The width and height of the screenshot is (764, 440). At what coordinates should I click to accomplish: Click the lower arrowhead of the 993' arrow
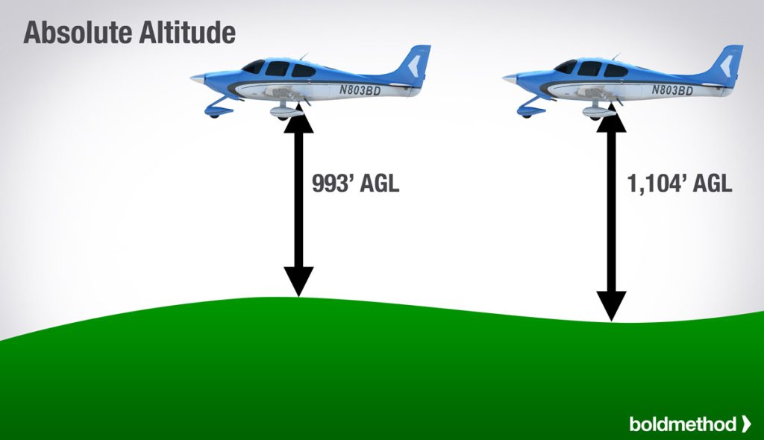tap(298, 283)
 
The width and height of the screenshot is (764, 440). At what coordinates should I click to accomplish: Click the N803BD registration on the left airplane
tap(360, 90)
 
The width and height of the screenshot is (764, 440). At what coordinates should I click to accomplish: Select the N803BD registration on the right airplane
tap(673, 90)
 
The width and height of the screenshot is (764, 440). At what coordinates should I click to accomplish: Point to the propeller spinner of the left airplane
tap(196, 78)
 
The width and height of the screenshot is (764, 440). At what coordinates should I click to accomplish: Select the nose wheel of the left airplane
tap(214, 113)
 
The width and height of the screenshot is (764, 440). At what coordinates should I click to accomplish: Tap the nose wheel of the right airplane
tap(527, 113)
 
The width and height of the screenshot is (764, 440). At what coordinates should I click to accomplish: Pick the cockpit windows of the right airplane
tap(592, 68)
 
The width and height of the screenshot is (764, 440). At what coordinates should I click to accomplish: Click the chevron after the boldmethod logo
tap(746, 424)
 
